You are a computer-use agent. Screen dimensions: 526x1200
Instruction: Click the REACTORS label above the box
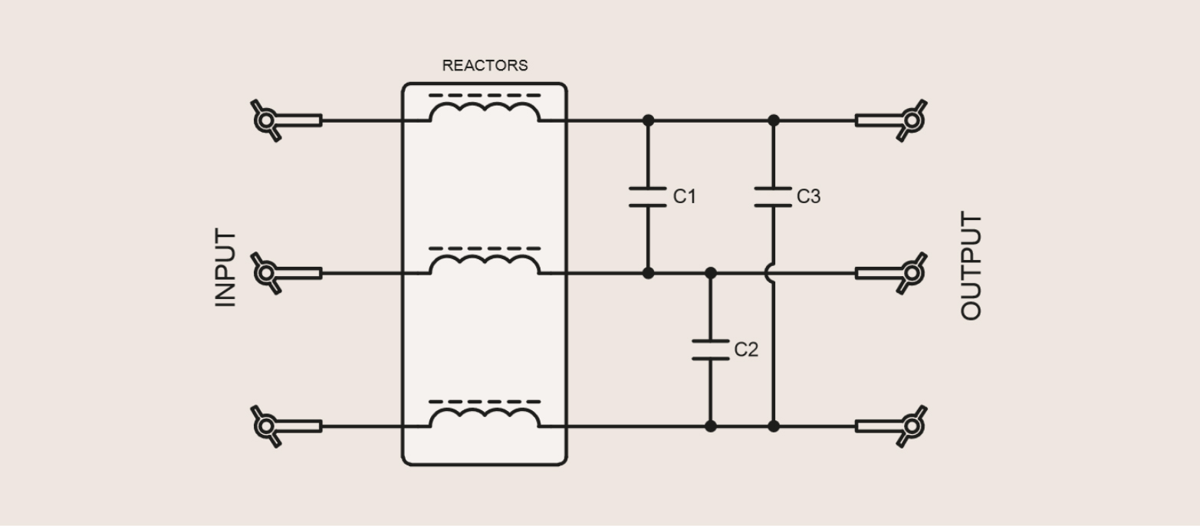point(485,66)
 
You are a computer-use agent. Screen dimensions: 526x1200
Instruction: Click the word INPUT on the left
point(225,268)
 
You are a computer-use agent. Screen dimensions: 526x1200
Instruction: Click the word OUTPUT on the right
point(971,267)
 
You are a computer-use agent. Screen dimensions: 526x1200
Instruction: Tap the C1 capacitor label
point(685,197)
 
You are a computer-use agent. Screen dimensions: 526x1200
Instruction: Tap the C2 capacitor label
point(746,350)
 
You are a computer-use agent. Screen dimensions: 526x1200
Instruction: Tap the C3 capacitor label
point(808,197)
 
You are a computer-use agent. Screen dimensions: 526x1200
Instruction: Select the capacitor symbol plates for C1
point(648,196)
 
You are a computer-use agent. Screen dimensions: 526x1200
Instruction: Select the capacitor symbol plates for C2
point(711,350)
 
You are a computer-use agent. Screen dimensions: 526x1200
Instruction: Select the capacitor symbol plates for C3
point(773,196)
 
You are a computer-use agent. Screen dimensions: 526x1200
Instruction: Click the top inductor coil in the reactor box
point(485,112)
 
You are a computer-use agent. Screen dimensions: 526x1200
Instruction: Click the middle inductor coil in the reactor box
point(485,265)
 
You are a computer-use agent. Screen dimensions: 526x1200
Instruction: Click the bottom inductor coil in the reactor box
point(485,418)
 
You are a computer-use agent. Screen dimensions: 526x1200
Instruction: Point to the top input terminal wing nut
point(267,120)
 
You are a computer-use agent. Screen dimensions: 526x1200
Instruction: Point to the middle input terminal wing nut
point(267,273)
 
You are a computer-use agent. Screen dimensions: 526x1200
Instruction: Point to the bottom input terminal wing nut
point(267,426)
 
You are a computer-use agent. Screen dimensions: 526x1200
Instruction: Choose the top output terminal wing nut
point(911,120)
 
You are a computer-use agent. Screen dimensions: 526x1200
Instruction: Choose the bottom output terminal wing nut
point(911,426)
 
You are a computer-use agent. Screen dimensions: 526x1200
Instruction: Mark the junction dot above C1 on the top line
point(648,120)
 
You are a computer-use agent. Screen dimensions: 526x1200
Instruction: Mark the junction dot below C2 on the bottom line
point(711,426)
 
